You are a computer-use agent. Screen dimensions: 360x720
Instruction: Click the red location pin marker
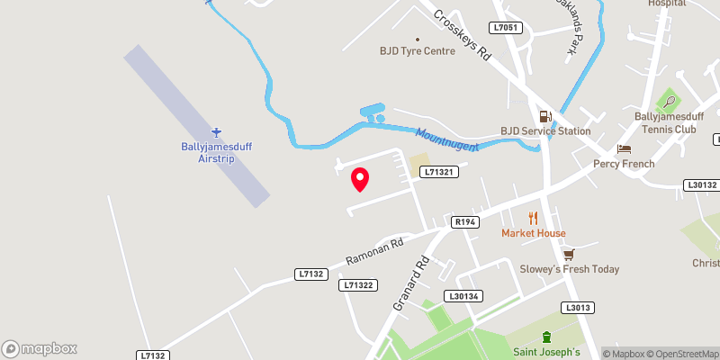point(360,179)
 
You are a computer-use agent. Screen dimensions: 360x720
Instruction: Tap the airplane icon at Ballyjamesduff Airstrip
point(216,132)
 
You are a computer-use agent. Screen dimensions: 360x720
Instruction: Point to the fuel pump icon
point(545,116)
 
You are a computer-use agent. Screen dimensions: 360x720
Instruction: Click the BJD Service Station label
point(545,131)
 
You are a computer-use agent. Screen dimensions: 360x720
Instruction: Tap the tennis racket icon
point(670,99)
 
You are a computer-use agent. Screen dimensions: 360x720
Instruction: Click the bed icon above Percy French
point(624,148)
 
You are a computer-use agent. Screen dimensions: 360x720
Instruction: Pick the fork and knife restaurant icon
point(533,217)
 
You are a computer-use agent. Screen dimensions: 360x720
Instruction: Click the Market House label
point(534,233)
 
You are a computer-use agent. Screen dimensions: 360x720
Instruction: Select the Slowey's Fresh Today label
point(569,269)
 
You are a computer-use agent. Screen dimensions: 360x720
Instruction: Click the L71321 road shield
point(442,172)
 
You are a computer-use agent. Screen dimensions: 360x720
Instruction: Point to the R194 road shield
point(465,221)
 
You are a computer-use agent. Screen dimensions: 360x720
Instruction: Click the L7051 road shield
point(506,29)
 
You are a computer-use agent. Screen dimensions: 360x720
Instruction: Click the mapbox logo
point(40,348)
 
